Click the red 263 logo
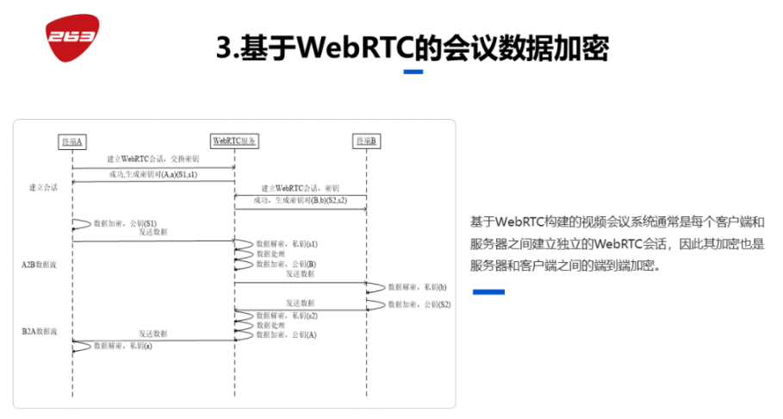point(72,35)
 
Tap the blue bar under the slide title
point(413,72)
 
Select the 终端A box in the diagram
point(72,141)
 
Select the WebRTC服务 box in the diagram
point(235,141)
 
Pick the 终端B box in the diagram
point(367,141)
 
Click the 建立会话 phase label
point(43,187)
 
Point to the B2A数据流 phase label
point(40,330)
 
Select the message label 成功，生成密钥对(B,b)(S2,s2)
point(301,201)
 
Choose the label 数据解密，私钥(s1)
point(288,244)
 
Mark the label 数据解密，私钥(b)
point(417,285)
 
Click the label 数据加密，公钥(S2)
point(419,304)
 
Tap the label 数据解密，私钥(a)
point(123,345)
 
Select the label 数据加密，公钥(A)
point(287,335)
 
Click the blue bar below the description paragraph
point(488,292)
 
